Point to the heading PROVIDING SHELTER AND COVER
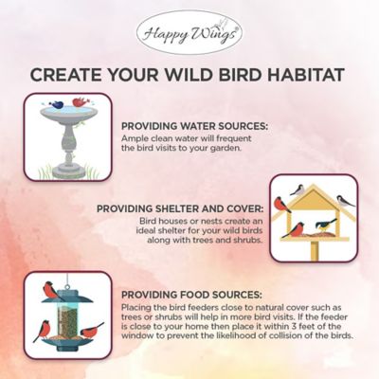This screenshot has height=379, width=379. coord(180,209)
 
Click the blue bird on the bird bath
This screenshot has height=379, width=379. coord(59,104)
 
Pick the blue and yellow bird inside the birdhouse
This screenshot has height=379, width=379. coord(327,226)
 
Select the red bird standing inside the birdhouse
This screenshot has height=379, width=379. coord(299,226)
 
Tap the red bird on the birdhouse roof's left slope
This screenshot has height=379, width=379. coord(281,203)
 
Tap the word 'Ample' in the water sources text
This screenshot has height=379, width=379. coord(134,137)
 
